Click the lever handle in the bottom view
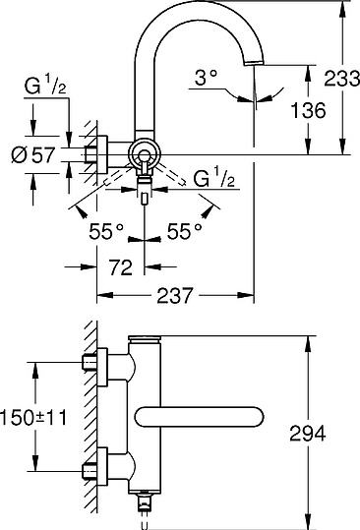(x=208, y=418)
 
